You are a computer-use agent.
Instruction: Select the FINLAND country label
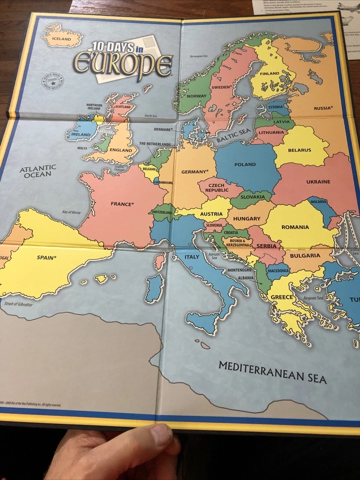click(269, 73)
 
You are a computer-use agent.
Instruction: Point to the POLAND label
click(245, 164)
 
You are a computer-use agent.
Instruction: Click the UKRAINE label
click(318, 181)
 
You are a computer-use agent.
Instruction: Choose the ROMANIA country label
click(295, 227)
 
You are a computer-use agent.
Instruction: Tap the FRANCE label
click(122, 204)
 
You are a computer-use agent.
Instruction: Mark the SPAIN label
click(46, 258)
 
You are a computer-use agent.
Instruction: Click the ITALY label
click(192, 257)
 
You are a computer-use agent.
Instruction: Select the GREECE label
click(282, 297)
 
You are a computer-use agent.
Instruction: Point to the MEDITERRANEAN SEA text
click(272, 372)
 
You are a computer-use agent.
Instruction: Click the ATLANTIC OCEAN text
click(38, 171)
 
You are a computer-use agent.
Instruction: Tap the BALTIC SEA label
click(233, 135)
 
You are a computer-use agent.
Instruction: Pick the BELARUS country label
click(299, 150)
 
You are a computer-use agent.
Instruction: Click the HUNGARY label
click(246, 218)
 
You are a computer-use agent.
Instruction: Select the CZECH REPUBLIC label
click(216, 187)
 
